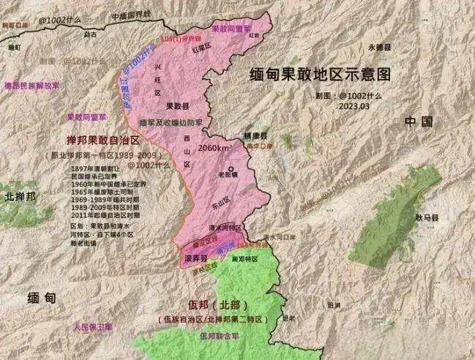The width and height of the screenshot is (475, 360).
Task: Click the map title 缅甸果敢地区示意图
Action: (x=317, y=76)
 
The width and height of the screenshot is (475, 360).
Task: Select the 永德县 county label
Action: (x=381, y=47)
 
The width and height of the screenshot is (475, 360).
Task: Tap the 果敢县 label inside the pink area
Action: (x=178, y=106)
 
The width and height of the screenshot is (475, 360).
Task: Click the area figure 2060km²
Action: (x=216, y=149)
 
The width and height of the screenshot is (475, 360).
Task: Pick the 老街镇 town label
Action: (x=228, y=173)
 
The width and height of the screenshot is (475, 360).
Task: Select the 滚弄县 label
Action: (x=195, y=259)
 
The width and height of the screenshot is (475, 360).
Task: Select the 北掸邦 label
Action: (x=20, y=197)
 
